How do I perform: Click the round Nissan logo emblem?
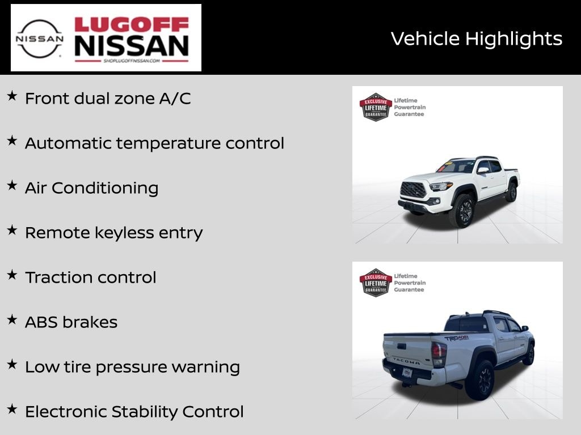tap(39, 39)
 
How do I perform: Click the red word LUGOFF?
tap(132, 25)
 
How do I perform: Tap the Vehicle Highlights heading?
tap(476, 39)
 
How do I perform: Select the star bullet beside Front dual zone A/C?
tap(12, 96)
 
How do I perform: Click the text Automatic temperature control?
tap(154, 143)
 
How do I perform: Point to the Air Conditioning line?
tap(91, 188)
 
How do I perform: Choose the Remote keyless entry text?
tap(113, 233)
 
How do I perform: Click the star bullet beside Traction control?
tap(12, 275)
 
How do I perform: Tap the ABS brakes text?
tap(71, 322)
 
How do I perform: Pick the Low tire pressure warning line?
tap(132, 367)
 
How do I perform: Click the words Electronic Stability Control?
tap(134, 412)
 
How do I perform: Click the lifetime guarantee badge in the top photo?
tap(376, 107)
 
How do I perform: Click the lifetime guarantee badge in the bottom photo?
tap(376, 283)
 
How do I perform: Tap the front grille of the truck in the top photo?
tap(413, 190)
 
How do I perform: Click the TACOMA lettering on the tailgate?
tap(406, 360)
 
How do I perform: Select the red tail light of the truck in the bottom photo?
tap(439, 355)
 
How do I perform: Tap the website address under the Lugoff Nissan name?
tap(132, 61)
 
